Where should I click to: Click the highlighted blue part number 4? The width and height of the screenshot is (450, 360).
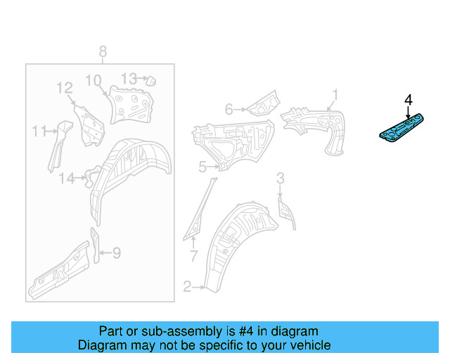[x=401, y=128]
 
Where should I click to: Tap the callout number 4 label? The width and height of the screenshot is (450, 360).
[x=409, y=100]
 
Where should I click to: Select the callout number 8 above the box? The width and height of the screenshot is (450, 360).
[x=103, y=52]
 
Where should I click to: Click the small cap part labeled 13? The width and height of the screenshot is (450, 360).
[x=151, y=81]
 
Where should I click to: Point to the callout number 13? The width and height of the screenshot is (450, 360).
[x=129, y=78]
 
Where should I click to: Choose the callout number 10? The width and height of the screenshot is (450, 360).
[x=94, y=80]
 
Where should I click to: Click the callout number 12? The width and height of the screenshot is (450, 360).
[x=65, y=88]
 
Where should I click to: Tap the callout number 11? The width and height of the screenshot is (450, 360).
[x=39, y=131]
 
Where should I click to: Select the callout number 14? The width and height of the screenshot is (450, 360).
[x=67, y=179]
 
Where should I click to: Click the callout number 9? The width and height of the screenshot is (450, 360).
[x=117, y=253]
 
